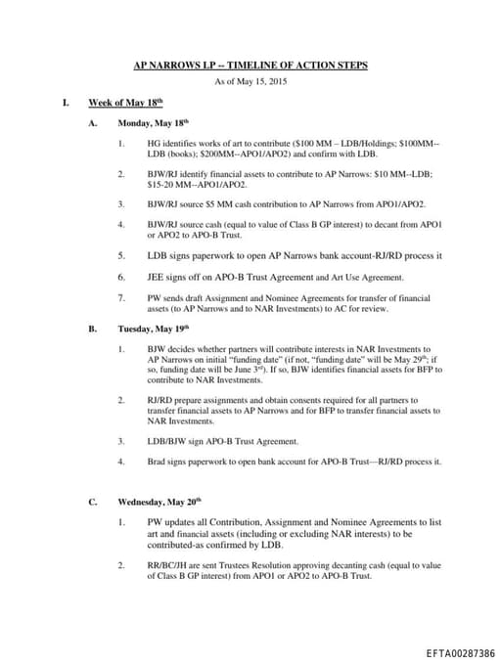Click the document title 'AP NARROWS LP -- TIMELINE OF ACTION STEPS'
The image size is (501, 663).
[x=251, y=66]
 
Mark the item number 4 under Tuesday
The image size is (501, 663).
[x=120, y=460]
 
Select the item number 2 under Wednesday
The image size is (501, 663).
[x=120, y=564]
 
